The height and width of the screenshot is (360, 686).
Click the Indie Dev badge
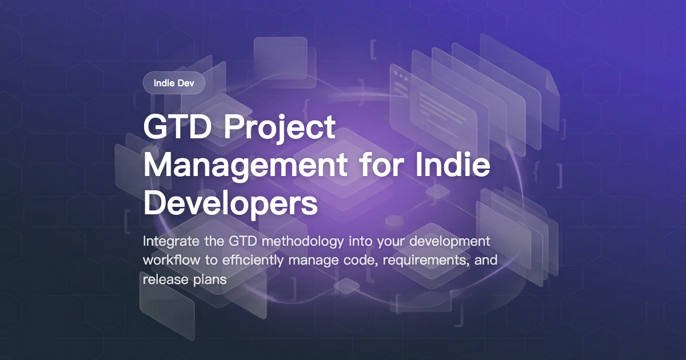(x=174, y=83)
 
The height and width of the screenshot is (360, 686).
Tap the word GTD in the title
(x=176, y=128)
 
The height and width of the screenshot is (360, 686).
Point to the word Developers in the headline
(x=230, y=204)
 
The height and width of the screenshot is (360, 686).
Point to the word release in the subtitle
(x=161, y=279)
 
